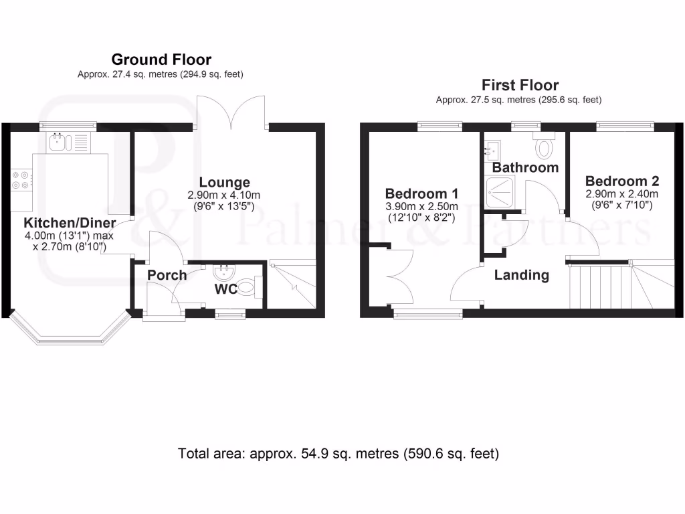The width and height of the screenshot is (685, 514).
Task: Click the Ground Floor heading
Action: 161,60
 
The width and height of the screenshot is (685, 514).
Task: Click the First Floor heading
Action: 520,85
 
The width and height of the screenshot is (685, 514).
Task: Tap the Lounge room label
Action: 225,182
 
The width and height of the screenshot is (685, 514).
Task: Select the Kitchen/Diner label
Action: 70,223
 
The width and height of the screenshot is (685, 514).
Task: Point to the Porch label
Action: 167,275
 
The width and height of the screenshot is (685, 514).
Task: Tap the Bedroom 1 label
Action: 421,194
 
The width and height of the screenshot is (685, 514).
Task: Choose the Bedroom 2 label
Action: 621,181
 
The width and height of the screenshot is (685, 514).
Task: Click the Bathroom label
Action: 525,167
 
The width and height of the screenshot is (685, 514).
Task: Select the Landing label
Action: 521,274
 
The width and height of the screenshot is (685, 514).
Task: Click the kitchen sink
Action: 60,141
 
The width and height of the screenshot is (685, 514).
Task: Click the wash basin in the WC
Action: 222,272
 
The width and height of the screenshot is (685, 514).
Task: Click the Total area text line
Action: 338,453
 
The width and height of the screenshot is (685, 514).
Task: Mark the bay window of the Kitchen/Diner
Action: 66,332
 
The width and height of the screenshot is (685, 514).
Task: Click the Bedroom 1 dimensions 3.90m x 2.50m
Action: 421,207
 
